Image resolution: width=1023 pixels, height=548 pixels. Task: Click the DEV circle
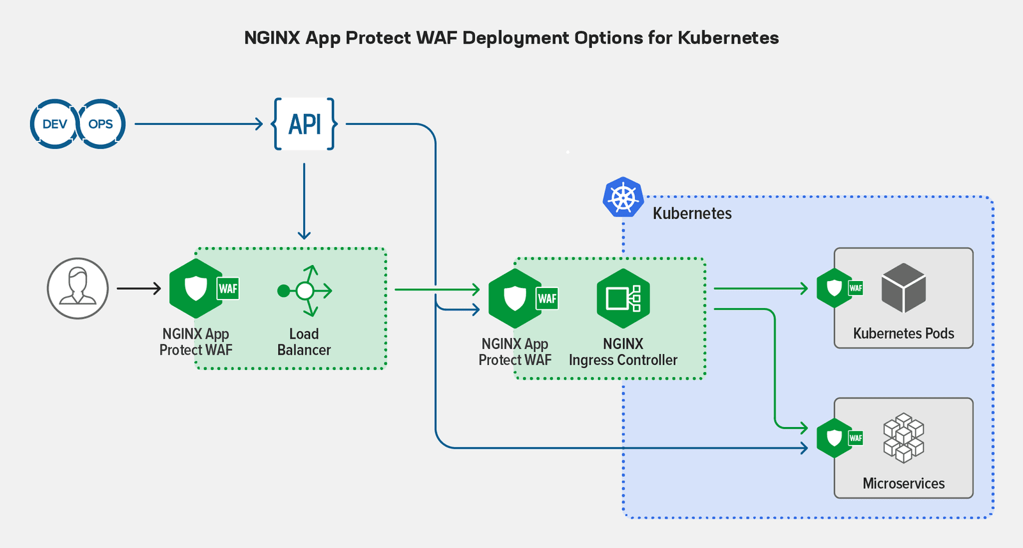click(54, 124)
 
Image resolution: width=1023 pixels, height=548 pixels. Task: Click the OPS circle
click(101, 124)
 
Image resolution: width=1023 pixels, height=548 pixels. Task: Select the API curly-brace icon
click(304, 124)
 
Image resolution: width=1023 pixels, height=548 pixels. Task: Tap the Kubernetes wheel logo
click(623, 197)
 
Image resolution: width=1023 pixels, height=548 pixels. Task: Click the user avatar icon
click(77, 289)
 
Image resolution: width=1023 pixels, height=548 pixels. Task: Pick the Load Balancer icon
click(305, 291)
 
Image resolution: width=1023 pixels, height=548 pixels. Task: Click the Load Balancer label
click(304, 342)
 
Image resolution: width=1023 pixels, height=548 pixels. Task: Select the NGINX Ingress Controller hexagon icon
click(623, 298)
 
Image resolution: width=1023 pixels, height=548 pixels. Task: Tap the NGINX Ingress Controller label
click(623, 352)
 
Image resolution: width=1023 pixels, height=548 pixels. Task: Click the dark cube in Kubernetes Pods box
click(903, 288)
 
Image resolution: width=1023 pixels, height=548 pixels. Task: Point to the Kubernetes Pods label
click(903, 334)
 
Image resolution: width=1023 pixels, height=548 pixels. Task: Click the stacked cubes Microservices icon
click(903, 438)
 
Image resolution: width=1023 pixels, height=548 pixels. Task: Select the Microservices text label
click(903, 483)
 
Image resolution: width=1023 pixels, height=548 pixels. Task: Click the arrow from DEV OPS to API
click(198, 124)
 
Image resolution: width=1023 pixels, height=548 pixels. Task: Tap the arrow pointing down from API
click(304, 202)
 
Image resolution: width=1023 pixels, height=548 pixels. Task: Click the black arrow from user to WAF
click(139, 289)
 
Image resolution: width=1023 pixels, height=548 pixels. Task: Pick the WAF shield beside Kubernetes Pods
click(834, 288)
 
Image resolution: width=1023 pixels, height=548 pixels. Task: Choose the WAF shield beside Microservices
click(834, 438)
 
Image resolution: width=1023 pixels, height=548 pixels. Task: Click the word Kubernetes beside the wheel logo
click(692, 213)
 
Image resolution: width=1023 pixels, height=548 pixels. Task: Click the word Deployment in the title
click(515, 38)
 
